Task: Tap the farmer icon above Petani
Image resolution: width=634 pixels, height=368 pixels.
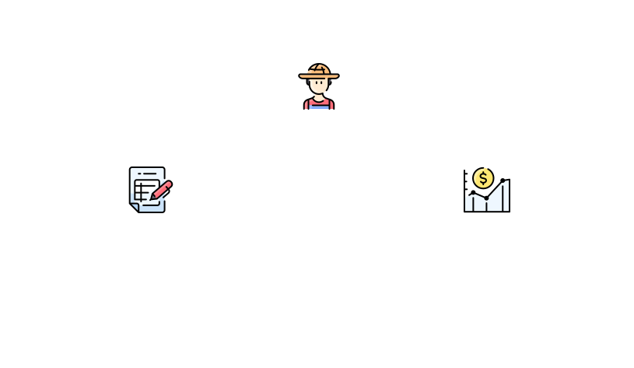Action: pyautogui.click(x=318, y=88)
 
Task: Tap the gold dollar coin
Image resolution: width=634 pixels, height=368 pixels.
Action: pyautogui.click(x=483, y=178)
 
